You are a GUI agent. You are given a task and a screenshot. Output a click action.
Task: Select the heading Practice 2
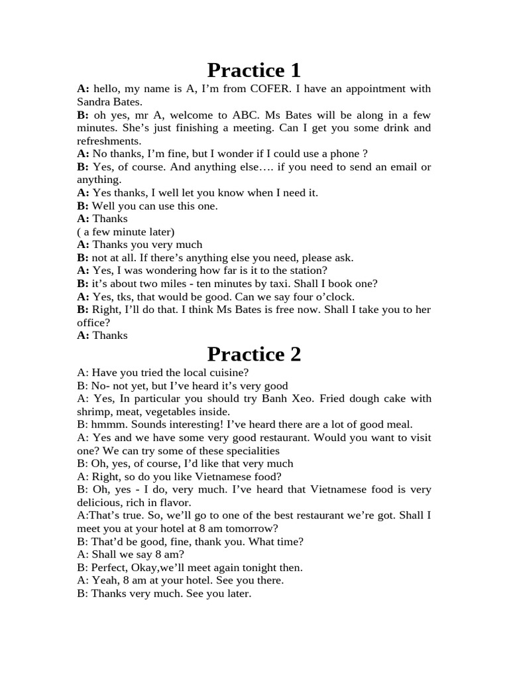[254, 354]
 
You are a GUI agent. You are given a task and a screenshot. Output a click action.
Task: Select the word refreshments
[109, 141]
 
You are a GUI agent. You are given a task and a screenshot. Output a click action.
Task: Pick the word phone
[341, 154]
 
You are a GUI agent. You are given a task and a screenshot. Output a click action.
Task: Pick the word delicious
[101, 503]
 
